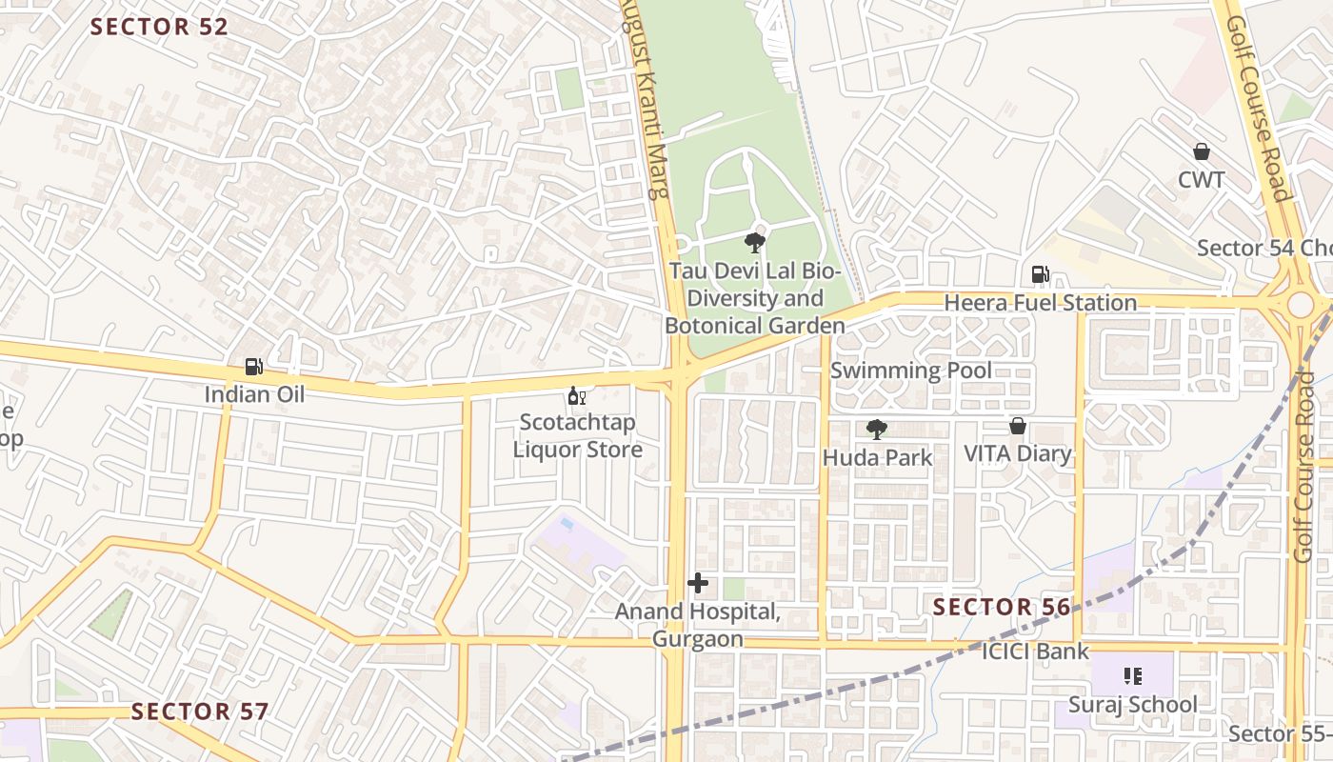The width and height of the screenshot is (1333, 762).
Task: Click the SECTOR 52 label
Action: [159, 27]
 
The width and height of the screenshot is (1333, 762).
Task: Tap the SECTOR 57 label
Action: [199, 712]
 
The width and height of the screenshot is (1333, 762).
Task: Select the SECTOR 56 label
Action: [1002, 607]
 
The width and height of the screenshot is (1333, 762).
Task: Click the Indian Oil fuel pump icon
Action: [254, 366]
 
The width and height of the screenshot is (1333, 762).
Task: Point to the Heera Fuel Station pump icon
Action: [1041, 275]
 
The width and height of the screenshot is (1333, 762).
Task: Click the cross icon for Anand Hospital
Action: [698, 582]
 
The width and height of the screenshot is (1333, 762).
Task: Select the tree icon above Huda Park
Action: [877, 430]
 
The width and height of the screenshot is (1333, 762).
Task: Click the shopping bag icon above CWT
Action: [1202, 151]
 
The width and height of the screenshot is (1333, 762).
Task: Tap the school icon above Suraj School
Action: [1133, 676]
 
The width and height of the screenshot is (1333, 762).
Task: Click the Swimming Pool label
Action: [911, 371]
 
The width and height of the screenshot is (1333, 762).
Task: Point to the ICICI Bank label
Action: [1035, 652]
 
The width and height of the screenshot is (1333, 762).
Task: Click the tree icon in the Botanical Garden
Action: [755, 242]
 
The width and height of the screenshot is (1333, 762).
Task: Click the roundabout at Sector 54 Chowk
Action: [1300, 305]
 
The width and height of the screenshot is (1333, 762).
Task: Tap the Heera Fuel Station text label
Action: [1041, 303]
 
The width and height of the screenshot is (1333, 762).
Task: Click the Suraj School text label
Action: [1133, 705]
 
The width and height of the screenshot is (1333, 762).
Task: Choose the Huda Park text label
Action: [878, 457]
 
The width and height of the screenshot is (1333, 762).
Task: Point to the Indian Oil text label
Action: [255, 393]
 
